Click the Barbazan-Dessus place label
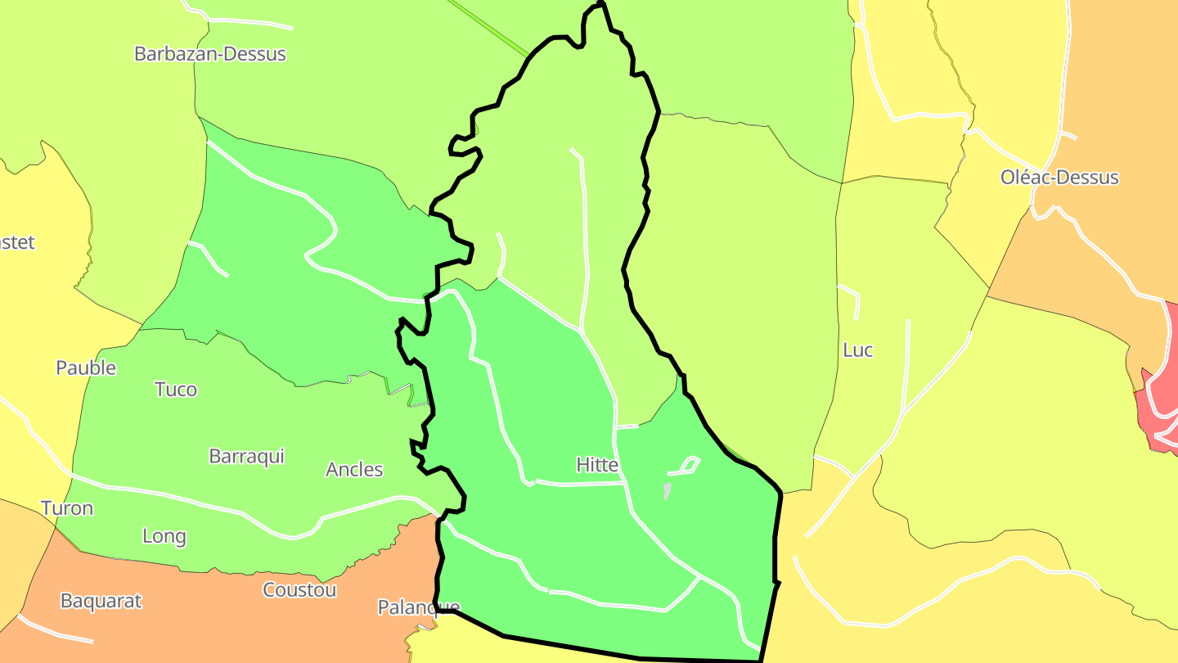click(210, 54)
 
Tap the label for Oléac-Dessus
click(1059, 178)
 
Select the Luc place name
click(857, 350)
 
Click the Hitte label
click(596, 465)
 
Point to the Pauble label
click(86, 368)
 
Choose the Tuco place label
click(176, 390)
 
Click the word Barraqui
click(246, 456)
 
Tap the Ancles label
click(354, 470)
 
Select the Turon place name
click(67, 508)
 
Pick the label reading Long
click(164, 537)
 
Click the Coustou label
click(299, 590)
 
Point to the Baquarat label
click(101, 601)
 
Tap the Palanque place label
click(418, 607)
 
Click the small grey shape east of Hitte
click(668, 491)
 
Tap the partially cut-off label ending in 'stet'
click(17, 242)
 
